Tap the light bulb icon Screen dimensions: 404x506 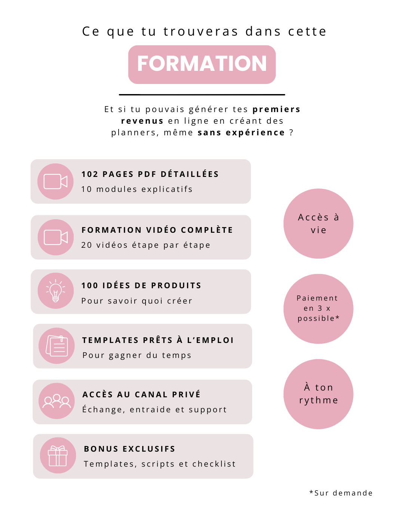(x=56, y=290)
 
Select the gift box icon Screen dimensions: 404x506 (x=58, y=456)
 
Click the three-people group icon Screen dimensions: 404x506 (x=56, y=401)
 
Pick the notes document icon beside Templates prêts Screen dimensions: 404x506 (x=57, y=346)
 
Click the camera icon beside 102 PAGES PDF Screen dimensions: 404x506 (x=56, y=181)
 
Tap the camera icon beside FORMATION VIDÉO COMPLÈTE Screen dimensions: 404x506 (x=56, y=237)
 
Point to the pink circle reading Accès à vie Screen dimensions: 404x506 (x=318, y=223)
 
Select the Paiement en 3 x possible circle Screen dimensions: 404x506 (x=318, y=309)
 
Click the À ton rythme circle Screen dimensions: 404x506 (x=318, y=394)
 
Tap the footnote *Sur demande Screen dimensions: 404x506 (x=341, y=493)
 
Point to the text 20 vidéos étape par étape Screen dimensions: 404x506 (x=146, y=245)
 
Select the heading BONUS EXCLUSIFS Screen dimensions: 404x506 (x=129, y=449)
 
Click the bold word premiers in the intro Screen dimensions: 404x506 (x=276, y=109)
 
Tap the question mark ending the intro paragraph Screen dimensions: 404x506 (x=291, y=132)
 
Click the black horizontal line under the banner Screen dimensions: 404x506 (x=202, y=94)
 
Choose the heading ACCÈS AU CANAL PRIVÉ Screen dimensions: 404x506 (x=141, y=394)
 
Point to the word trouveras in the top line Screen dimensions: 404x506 (x=201, y=31)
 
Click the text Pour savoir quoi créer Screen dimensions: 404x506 (x=137, y=301)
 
